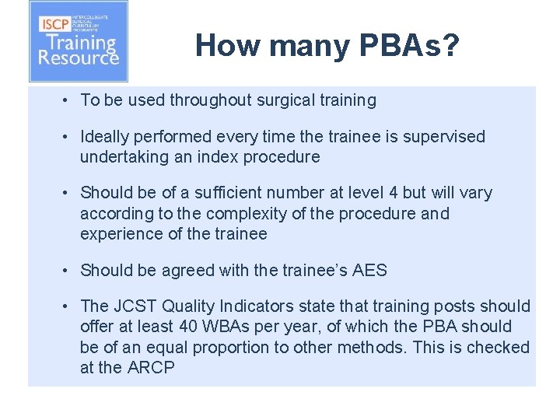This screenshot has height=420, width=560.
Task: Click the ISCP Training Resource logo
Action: [x=78, y=42]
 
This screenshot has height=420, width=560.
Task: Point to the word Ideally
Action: [x=107, y=137]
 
